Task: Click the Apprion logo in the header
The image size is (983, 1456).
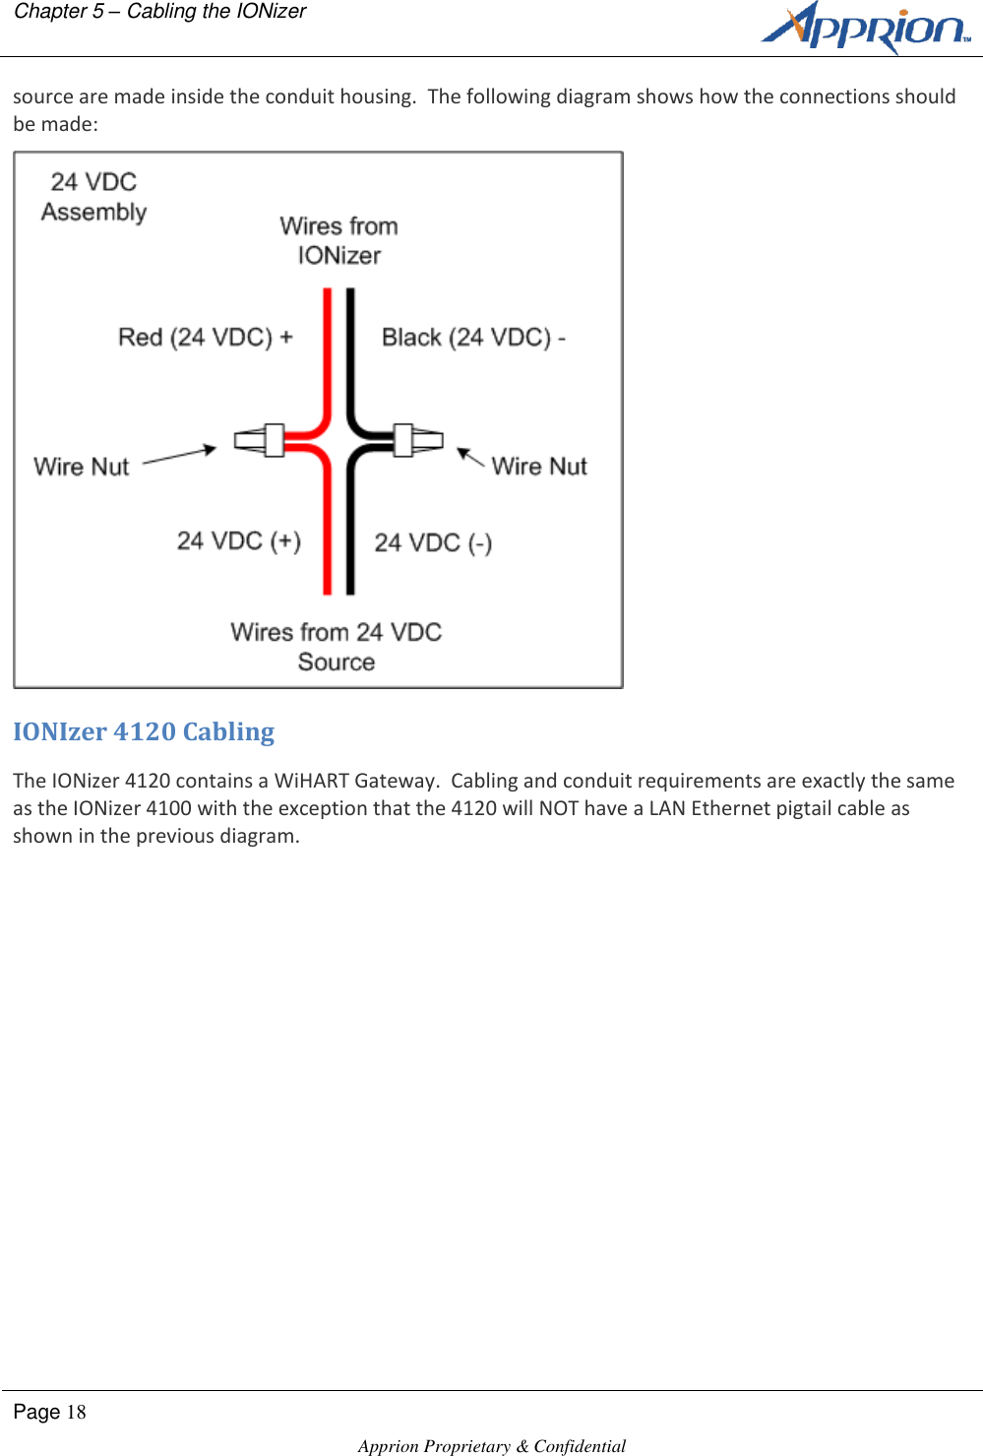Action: (x=865, y=28)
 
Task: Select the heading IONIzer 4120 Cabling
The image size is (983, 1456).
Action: (x=144, y=731)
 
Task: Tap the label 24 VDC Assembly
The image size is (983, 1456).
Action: (x=93, y=197)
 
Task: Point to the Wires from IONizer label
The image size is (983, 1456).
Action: (x=338, y=240)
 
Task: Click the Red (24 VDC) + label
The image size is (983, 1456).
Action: (x=205, y=338)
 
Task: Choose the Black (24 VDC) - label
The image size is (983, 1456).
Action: (x=473, y=338)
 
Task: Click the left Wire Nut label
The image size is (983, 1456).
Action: (x=82, y=467)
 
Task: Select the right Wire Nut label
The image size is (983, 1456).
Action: (x=539, y=467)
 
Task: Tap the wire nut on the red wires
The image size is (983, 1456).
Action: (x=261, y=440)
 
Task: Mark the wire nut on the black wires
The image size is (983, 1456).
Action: (x=416, y=440)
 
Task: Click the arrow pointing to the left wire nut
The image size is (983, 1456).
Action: (x=180, y=455)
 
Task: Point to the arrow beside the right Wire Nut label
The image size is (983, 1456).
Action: (x=469, y=458)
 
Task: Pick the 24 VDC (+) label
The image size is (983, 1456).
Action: (x=239, y=541)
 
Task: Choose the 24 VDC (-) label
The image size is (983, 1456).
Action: (x=433, y=543)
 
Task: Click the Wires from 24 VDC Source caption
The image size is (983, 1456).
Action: (x=337, y=647)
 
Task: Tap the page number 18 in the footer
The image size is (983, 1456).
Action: (x=76, y=1413)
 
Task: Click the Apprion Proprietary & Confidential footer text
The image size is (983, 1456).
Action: (x=492, y=1445)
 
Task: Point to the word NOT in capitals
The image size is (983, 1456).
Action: (x=558, y=808)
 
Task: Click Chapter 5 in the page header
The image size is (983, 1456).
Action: (x=58, y=12)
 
